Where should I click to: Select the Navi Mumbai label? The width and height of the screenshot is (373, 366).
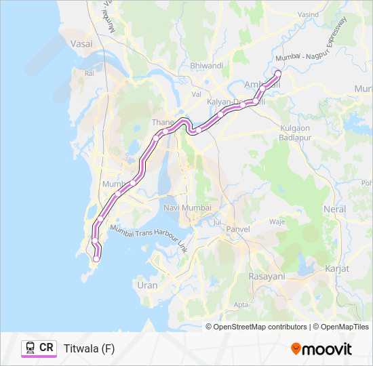coord(187,207)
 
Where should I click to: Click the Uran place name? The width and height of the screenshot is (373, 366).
coord(147,285)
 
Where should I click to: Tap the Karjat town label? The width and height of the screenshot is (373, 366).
coord(337,269)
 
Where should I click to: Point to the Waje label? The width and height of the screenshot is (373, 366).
coord(277,221)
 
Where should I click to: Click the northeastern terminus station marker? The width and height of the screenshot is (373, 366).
coord(277,73)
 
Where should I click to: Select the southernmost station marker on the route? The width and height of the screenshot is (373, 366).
coord(96,258)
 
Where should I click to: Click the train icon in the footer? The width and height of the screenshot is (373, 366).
coord(31,348)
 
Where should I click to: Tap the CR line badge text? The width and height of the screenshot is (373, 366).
coord(46,348)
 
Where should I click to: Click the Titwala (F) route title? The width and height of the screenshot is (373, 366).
coord(89,348)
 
